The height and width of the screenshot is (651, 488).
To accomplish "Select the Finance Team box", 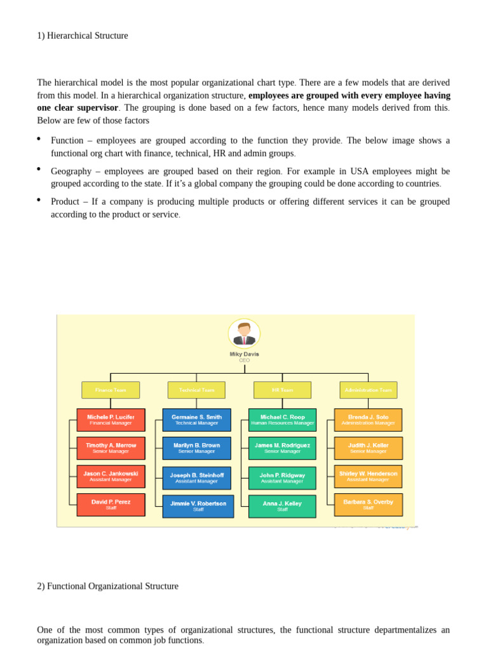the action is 111,390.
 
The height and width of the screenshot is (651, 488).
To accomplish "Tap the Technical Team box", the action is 196,390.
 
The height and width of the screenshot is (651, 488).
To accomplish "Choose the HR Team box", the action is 282,390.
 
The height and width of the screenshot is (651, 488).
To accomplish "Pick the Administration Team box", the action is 369,390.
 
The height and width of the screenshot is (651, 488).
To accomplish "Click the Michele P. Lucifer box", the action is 111,420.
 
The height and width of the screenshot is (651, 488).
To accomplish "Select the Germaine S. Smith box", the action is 196,420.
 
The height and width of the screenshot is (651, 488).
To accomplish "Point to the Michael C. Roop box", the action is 282,420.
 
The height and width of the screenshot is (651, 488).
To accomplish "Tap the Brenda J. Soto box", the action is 369,420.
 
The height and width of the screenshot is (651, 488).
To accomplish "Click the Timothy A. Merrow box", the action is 111,448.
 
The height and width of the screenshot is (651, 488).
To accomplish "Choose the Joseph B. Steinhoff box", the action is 196,477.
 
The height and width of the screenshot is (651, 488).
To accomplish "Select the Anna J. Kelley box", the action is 282,506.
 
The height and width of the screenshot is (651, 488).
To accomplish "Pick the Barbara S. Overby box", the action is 369,504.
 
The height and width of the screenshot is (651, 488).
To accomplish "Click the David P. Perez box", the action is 111,504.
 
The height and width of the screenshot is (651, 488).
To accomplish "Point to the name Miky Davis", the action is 244,354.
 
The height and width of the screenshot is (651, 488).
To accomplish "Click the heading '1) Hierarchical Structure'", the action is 83,36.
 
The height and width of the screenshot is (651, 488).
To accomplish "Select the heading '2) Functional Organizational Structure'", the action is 107,586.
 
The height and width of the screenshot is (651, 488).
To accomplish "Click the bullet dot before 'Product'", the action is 39,200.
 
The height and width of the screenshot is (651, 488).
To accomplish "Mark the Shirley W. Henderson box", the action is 369,476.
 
